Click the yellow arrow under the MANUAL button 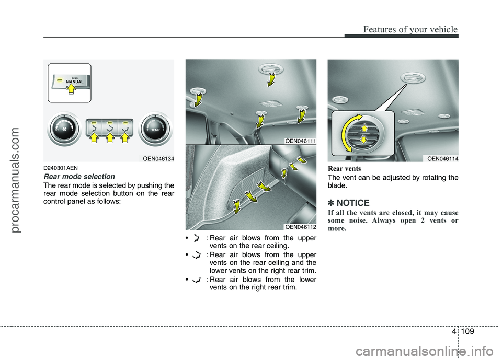click(72, 95)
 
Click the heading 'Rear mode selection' click(78, 177)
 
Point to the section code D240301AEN click(61, 168)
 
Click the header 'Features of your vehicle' click(405, 30)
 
